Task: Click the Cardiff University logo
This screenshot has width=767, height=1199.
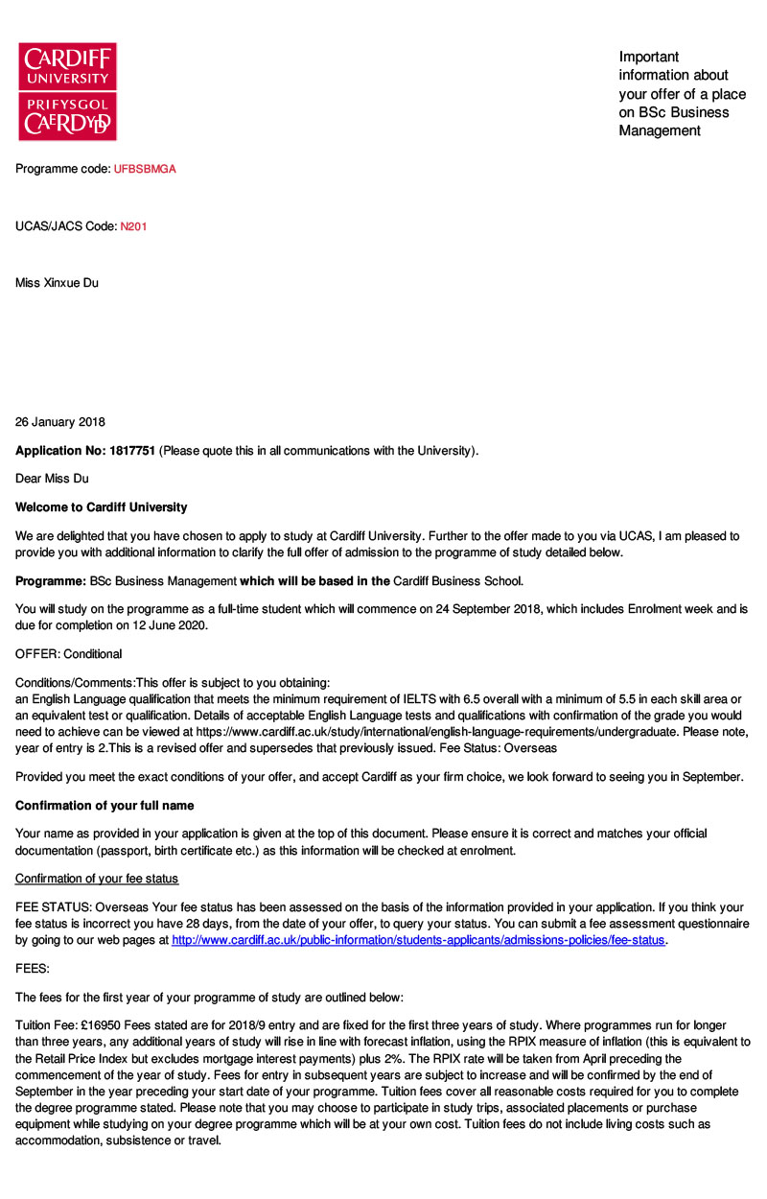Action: tap(67, 91)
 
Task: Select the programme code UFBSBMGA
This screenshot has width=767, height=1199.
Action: tap(145, 169)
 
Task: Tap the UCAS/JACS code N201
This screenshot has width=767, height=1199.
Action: tap(133, 226)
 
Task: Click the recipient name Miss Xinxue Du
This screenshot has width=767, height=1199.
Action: tap(57, 283)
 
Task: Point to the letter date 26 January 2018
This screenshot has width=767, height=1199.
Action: tap(60, 422)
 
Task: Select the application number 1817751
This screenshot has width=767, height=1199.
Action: tap(131, 451)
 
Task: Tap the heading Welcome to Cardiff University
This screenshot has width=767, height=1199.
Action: tap(102, 507)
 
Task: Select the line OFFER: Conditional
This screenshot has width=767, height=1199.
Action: tap(69, 654)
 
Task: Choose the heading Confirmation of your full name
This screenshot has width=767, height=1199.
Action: tap(105, 806)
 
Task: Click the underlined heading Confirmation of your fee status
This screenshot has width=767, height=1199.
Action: tap(97, 879)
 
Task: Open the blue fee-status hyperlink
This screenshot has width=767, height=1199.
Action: tap(418, 941)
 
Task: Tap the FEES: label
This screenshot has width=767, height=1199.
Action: tap(33, 970)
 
